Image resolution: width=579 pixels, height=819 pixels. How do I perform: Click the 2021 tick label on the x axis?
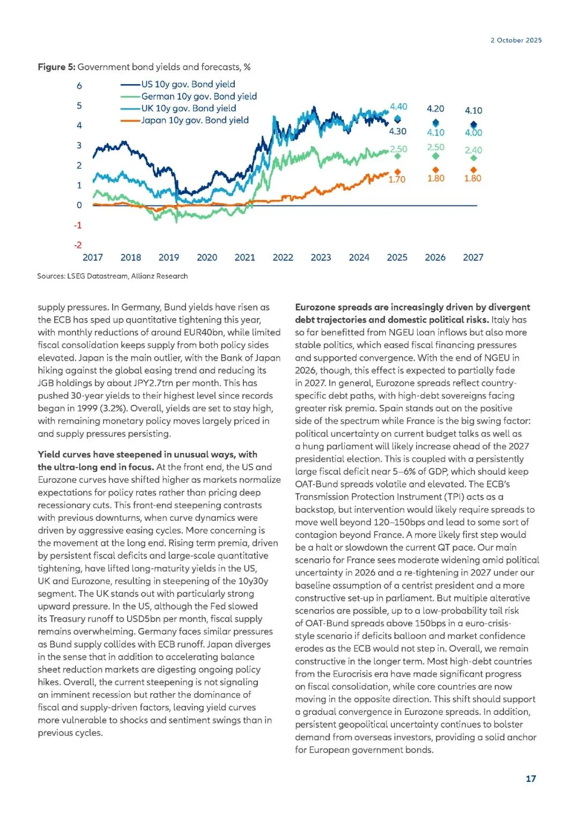[x=244, y=257]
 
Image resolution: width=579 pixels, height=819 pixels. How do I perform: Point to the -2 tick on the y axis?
[x=78, y=245]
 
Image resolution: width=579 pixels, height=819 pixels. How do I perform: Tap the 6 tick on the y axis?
[x=79, y=86]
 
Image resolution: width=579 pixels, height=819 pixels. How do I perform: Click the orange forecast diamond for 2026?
[x=435, y=170]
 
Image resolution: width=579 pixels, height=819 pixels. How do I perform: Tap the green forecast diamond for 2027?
[x=473, y=158]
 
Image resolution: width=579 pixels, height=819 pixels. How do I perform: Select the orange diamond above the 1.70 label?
[x=397, y=172]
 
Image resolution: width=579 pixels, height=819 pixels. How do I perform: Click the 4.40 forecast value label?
[x=398, y=107]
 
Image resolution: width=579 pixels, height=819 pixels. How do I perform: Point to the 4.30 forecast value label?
[x=398, y=131]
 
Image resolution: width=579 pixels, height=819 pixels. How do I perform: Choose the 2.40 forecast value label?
[x=473, y=150]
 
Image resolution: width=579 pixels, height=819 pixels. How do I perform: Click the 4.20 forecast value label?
[x=435, y=109]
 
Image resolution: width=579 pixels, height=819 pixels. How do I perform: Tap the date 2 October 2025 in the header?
[x=516, y=40]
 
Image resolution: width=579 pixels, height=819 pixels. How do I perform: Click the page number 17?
[x=531, y=779]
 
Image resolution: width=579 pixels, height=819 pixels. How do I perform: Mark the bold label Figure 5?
[x=56, y=67]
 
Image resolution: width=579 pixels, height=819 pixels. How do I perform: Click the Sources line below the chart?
[x=113, y=276]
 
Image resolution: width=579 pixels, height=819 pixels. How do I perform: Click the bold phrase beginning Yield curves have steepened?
[x=147, y=455]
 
